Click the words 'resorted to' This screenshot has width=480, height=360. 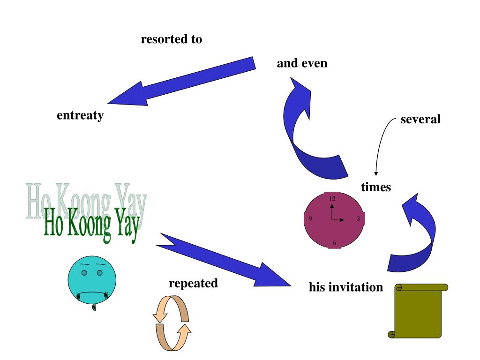coord(172,39)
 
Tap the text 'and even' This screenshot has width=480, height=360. coord(302,63)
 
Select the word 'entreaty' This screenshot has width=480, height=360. coord(80,115)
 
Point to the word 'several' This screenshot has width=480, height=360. coord(420,119)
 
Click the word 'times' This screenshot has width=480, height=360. coord(376,187)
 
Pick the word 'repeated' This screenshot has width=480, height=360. coord(193,283)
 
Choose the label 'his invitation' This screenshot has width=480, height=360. coord(346,287)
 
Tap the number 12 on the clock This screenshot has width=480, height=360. coord(332,199)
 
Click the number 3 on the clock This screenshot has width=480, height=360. coord(358,218)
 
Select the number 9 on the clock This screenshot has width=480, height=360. coord(310,218)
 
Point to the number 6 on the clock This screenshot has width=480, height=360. coord(334,242)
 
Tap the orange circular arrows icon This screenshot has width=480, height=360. coord(172,323)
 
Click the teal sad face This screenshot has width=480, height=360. coord(92,279)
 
